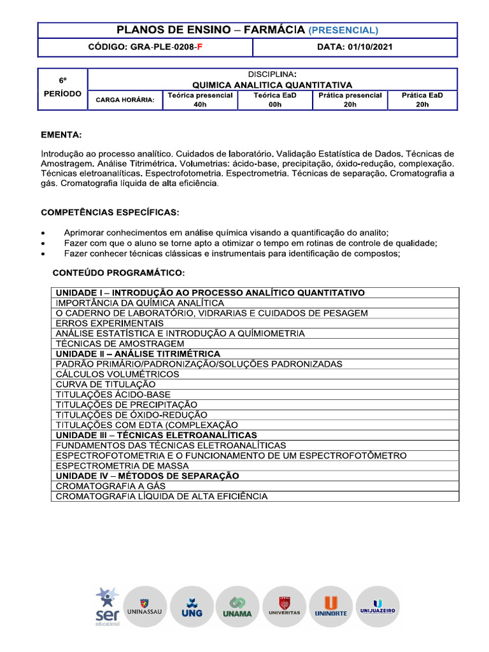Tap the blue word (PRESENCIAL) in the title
point(343,30)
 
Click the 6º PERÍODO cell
point(62,87)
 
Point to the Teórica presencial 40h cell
point(201,99)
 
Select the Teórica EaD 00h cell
point(275,99)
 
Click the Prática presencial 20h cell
point(350,99)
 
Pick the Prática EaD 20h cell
point(422,99)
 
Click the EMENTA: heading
point(61,136)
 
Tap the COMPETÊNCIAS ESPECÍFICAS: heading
point(110,211)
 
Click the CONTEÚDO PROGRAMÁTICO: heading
point(118,273)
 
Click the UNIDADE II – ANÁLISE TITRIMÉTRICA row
point(138,353)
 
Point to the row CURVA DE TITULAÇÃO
point(105,385)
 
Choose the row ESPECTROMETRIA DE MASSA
point(122,465)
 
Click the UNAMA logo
point(237,607)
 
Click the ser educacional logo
point(107,606)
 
